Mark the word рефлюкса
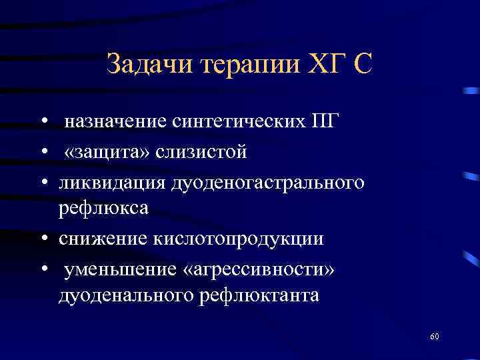click(x=103, y=209)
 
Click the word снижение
click(x=100, y=239)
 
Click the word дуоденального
click(x=125, y=295)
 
